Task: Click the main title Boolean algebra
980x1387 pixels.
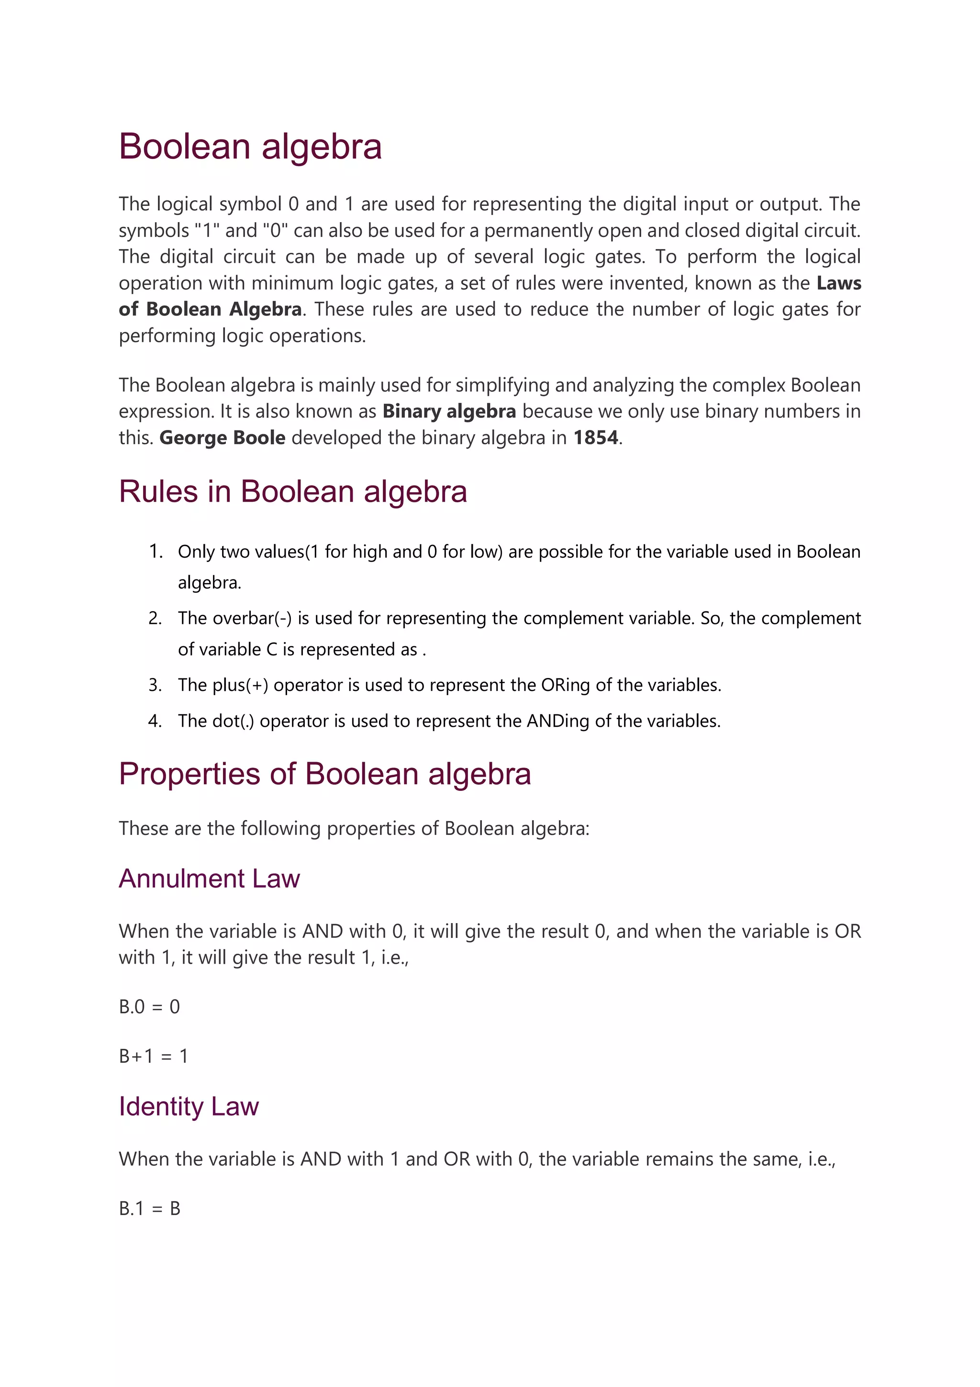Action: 250,147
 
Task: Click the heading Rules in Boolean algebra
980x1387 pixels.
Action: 293,491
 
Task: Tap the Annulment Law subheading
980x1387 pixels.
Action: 209,879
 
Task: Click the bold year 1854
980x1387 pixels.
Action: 595,438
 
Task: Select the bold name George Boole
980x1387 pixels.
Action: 222,438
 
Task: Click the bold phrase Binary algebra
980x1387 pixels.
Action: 449,411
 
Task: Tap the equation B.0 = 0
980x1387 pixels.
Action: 149,1006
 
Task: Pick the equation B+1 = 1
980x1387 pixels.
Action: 154,1056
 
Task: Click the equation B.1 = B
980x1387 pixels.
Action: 149,1208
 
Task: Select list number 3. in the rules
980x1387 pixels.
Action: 155,685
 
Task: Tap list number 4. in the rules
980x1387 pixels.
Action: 155,721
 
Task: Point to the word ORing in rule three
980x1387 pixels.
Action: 565,685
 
